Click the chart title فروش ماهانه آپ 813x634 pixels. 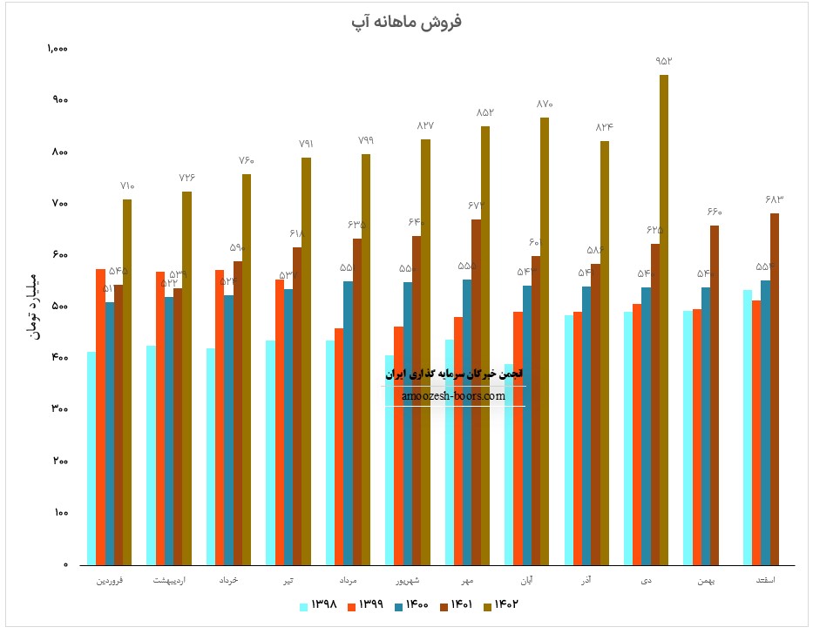pyautogui.click(x=406, y=23)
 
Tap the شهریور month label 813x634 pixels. pyautogui.click(x=407, y=579)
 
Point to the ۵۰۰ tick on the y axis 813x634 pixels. pyautogui.click(x=59, y=307)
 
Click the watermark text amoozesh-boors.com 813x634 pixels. pyautogui.click(x=454, y=395)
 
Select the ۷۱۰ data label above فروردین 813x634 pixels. pyautogui.click(x=128, y=186)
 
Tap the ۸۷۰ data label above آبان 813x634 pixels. pyautogui.click(x=545, y=105)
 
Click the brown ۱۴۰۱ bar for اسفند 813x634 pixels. pyautogui.click(x=774, y=388)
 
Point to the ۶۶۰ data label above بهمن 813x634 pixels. pyautogui.click(x=715, y=212)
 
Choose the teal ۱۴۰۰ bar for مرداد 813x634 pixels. pyautogui.click(x=348, y=422)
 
